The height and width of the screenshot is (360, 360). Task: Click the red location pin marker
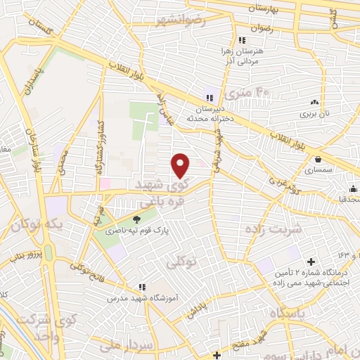(x=181, y=166)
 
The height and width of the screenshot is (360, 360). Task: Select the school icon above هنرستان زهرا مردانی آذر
(x=242, y=40)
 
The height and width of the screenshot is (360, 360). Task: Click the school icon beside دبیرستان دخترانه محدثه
(x=207, y=97)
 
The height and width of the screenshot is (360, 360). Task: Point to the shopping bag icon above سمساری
(x=319, y=160)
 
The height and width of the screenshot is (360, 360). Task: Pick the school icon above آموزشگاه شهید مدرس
(x=141, y=286)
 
